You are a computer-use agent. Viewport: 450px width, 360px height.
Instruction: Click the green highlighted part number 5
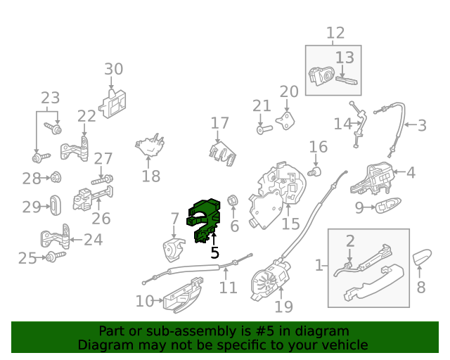[x=205, y=219]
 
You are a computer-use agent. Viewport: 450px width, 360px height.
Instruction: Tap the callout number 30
[x=114, y=69]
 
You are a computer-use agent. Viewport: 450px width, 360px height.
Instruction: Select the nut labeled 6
[x=232, y=200]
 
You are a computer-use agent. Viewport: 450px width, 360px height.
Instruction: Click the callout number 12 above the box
[x=335, y=33]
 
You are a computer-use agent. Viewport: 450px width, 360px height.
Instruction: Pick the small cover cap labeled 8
[x=422, y=257]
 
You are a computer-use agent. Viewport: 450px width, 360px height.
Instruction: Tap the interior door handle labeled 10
[x=183, y=296]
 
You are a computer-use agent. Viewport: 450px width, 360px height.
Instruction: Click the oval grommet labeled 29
[x=56, y=205]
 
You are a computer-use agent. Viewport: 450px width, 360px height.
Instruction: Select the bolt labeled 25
[x=56, y=257]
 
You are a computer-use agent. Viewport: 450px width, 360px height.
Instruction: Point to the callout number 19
[x=283, y=307]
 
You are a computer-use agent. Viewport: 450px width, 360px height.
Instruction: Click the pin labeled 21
[x=264, y=129]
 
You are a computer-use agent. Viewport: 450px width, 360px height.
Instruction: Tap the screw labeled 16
[x=314, y=172]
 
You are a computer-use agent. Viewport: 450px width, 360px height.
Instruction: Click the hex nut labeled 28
[x=56, y=177]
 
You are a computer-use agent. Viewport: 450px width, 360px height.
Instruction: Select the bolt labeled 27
[x=102, y=180]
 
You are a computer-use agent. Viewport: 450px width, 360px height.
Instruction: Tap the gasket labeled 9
[x=388, y=205]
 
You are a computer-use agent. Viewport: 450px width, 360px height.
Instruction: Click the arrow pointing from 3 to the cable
[x=410, y=124]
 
